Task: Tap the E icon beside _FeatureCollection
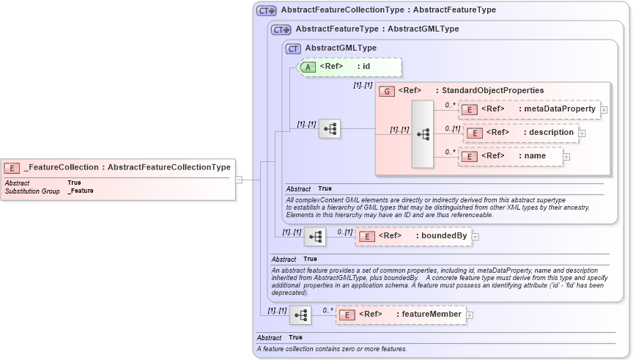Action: pos(12,168)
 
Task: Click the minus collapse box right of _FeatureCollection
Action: pos(239,179)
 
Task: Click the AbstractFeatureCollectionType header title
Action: pos(388,10)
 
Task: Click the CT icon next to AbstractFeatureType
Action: pos(281,29)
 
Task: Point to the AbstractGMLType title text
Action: pos(341,48)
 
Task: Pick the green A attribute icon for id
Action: pos(308,67)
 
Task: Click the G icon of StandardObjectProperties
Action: pos(387,91)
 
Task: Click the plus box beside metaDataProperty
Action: pos(604,110)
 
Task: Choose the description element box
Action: pos(520,133)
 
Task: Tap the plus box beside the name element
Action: pos(566,156)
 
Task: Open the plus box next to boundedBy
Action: pos(475,237)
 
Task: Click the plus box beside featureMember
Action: pos(470,315)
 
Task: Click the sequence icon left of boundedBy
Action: pos(315,236)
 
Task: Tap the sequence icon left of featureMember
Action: pos(300,315)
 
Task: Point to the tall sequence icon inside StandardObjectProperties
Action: pos(423,134)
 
